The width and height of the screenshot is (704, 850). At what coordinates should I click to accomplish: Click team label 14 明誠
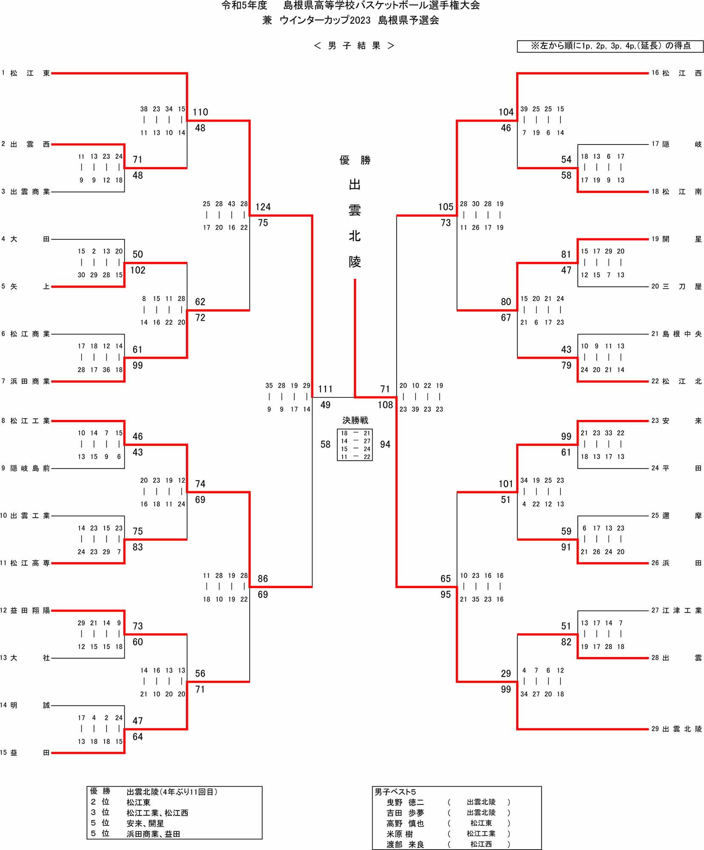pyautogui.click(x=26, y=705)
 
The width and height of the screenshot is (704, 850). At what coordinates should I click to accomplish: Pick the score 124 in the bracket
pyautogui.click(x=263, y=207)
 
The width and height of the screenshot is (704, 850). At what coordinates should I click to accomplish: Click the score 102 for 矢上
pyautogui.click(x=138, y=270)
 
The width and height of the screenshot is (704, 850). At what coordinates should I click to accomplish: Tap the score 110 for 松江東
pyautogui.click(x=200, y=112)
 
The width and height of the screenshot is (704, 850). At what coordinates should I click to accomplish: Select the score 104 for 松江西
pyautogui.click(x=506, y=112)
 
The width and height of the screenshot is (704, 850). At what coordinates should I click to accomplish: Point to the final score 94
pyautogui.click(x=385, y=445)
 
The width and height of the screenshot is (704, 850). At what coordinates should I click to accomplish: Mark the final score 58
pyautogui.click(x=325, y=445)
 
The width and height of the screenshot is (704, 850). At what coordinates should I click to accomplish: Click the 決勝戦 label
pyautogui.click(x=355, y=420)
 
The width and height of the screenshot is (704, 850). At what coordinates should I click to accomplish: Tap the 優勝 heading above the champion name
pyautogui.click(x=355, y=160)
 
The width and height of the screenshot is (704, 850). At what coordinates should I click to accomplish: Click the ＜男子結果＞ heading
pyautogui.click(x=354, y=46)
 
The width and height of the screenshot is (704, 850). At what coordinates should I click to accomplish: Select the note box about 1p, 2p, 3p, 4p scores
pyautogui.click(x=610, y=46)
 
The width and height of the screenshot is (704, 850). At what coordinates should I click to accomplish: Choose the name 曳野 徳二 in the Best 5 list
pyautogui.click(x=405, y=802)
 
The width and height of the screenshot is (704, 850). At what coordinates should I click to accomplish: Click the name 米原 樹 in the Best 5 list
pyautogui.click(x=400, y=834)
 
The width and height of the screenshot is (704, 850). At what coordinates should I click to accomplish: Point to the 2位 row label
pyautogui.click(x=100, y=802)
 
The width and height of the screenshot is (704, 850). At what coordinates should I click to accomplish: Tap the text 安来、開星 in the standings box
pyautogui.click(x=145, y=823)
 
